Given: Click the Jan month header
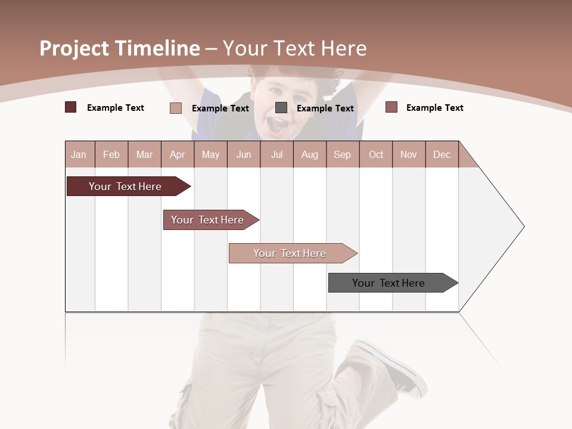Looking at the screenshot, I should point(79,154).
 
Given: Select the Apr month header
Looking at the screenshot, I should point(177,154).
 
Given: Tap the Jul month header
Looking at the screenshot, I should point(276,154).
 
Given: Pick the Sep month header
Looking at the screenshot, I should point(342,154).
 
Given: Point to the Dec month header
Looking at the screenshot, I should point(442,154).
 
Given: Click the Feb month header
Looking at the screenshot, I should point(111,154).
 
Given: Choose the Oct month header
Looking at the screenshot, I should point(376,154).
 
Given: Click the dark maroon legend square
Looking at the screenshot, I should point(70,107).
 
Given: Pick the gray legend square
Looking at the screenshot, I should point(281,108).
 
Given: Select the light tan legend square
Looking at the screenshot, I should point(176,108).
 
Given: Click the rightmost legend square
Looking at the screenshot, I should point(391,107).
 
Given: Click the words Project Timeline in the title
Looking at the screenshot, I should point(119,48).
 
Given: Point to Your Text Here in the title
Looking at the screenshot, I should point(295,48).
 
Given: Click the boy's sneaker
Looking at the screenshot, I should point(394,366).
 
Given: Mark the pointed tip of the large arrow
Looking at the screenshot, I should point(523,226).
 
